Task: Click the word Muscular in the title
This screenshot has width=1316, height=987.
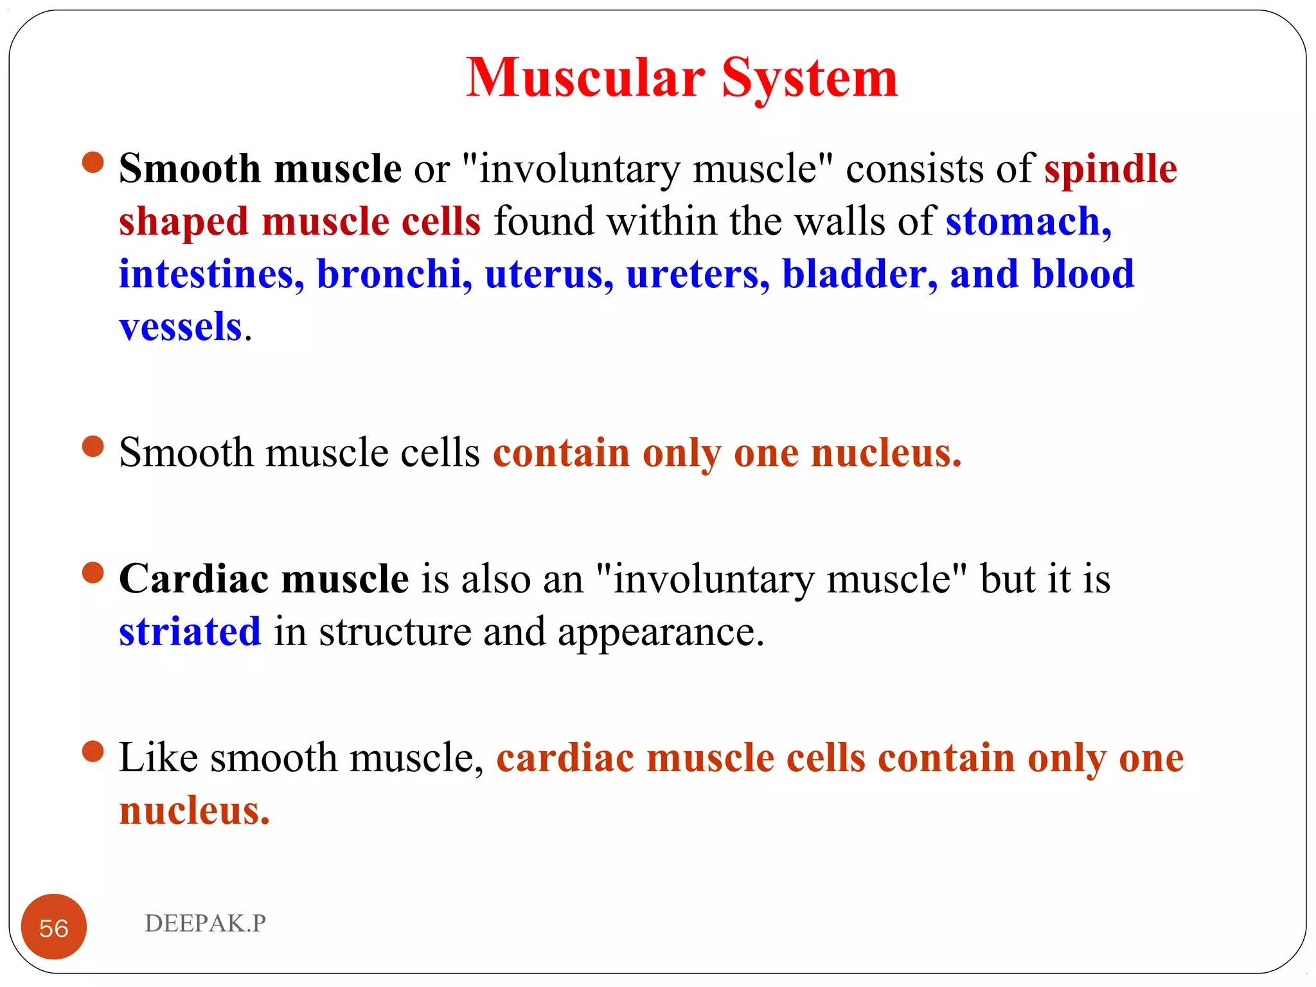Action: [585, 78]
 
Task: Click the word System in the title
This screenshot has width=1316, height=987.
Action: [810, 78]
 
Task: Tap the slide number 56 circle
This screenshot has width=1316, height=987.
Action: [54, 927]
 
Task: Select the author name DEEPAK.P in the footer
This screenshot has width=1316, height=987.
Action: [205, 923]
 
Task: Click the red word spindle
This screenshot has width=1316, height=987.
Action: [1110, 169]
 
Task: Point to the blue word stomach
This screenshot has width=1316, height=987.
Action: [1027, 222]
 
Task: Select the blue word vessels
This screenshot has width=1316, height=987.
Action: [181, 327]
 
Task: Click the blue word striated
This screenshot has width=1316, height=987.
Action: [190, 632]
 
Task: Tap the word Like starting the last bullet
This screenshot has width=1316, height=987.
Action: [158, 758]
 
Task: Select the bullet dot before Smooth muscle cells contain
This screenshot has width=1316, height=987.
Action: [93, 447]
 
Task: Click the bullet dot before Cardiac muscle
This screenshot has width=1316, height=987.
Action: [93, 573]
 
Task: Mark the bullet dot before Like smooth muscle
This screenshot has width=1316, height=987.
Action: [93, 751]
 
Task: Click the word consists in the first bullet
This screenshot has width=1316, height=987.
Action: [914, 169]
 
